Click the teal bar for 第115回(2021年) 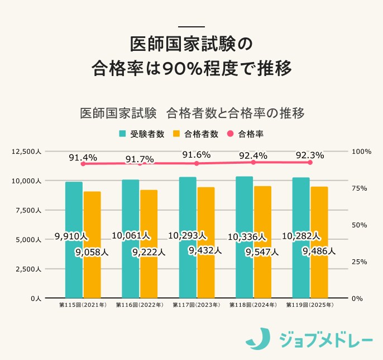[74, 212]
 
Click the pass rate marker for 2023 [197, 163]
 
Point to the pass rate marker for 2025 [310, 162]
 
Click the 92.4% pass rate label [253, 155]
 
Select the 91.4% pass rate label [83, 158]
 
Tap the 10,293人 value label [188, 235]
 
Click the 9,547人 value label [262, 252]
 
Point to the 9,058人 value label [92, 253]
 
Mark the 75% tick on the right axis [357, 188]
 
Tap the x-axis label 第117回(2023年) [196, 306]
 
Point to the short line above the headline [191, 27]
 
